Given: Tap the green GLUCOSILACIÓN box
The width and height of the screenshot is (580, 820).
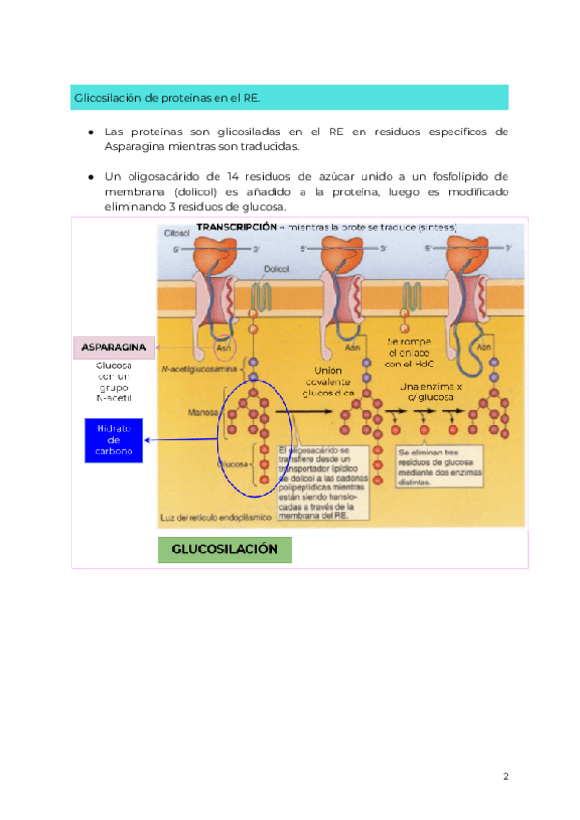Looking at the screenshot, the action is pos(224,549).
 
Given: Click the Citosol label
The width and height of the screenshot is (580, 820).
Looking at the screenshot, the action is pos(177,234).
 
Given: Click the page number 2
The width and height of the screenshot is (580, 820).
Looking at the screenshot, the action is pos(506,776).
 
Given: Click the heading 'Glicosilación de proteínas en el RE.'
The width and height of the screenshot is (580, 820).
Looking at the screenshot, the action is pos(166,98).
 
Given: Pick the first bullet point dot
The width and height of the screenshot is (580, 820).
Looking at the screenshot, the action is pos(90,132).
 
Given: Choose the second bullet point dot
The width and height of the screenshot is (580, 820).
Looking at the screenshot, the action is pos(90,177).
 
